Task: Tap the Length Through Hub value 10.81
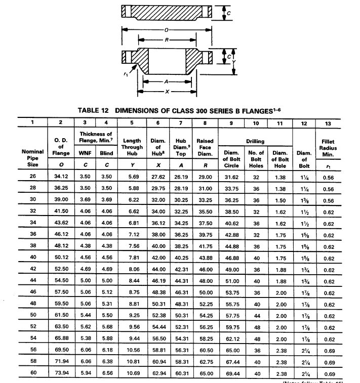pyautogui.click(x=132, y=362)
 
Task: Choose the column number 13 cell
pyautogui.click(x=327, y=122)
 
